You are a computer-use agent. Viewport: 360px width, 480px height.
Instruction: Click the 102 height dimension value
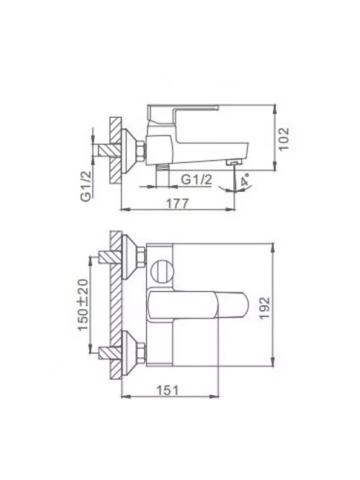pos(284,139)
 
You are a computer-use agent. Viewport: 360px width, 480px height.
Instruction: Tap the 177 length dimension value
pos(178,204)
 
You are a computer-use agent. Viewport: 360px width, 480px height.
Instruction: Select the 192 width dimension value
pos(265,308)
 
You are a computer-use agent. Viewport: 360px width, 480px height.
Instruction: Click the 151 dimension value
pos(167,390)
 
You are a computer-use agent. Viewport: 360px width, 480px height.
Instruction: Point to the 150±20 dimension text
pos(83,304)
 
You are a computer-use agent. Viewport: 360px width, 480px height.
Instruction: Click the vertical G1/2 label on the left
pos(86,186)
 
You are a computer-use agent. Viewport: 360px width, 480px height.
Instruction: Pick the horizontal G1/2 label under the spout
pos(196,180)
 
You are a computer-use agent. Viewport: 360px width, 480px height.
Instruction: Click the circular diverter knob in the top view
pos(163,270)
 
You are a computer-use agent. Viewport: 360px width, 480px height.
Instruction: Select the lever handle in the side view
pos(183,114)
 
